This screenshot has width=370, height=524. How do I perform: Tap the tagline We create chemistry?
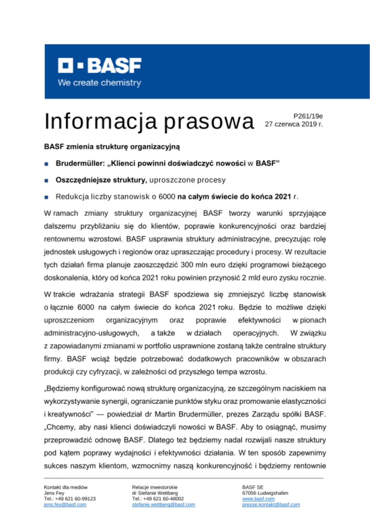pos(99,83)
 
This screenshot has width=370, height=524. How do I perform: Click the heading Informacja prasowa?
pos(149,121)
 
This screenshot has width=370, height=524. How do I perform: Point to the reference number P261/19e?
pos(308,116)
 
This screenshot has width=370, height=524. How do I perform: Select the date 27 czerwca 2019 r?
pos(294,124)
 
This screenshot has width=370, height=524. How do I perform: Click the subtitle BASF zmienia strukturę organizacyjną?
pos(112,147)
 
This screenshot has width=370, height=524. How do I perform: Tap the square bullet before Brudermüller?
pos(46,164)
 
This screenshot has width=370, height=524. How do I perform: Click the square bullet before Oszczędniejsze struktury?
pos(46,181)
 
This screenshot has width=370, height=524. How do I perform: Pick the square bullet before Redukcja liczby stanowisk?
pos(46,197)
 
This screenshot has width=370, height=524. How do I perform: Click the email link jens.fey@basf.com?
pos(65,505)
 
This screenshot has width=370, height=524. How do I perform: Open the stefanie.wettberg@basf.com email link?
pos(164,505)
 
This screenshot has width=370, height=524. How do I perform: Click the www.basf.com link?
pos(258,499)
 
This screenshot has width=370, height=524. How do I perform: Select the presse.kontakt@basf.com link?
pos(271,505)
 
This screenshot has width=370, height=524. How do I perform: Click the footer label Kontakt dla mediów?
pos(66,487)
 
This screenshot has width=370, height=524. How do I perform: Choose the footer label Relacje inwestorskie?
pos(155,487)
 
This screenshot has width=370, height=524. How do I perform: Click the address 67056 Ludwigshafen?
pos(265,493)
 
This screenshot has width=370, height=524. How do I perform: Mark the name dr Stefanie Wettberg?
pos(155,493)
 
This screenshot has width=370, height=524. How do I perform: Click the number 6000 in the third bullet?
pos(167,196)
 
